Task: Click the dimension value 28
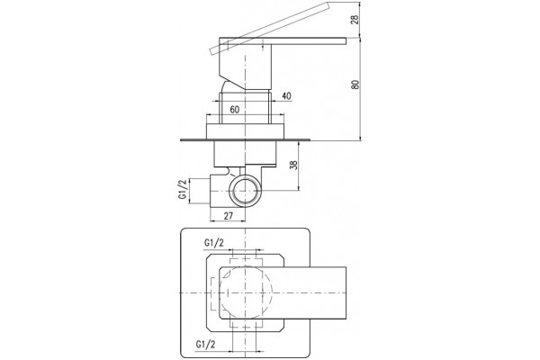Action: (x=355, y=18)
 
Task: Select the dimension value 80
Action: (x=355, y=85)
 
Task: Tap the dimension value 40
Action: (x=286, y=96)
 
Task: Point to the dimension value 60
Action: (x=235, y=110)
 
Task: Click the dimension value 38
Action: (x=293, y=165)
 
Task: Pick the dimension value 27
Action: (x=229, y=216)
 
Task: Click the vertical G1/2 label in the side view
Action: (x=182, y=189)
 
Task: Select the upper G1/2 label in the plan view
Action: (x=214, y=243)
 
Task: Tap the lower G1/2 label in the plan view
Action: (x=205, y=344)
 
